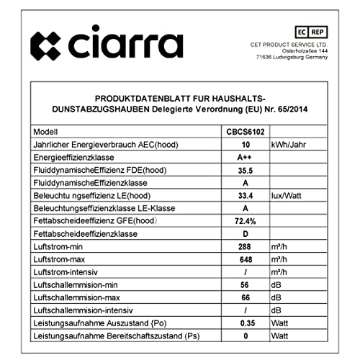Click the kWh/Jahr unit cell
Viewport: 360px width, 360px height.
click(x=292, y=145)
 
